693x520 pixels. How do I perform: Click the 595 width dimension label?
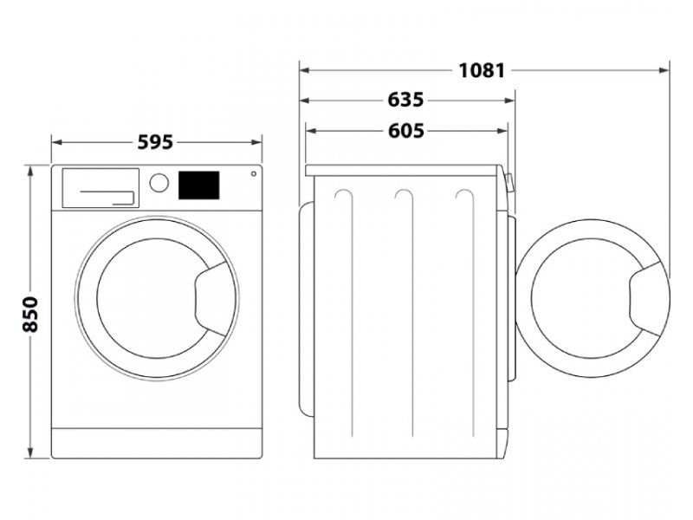[x=155, y=142]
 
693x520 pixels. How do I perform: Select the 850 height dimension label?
[x=30, y=314]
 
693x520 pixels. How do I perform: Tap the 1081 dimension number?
[x=482, y=70]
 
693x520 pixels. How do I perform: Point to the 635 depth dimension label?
[x=405, y=100]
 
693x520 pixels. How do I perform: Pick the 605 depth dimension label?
[x=405, y=131]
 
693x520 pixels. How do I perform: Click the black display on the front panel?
[x=199, y=185]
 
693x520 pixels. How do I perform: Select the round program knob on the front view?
[x=159, y=183]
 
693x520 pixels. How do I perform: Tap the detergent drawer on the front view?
[x=100, y=187]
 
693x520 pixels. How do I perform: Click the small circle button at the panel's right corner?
[x=254, y=174]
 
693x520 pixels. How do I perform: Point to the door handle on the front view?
[x=210, y=298]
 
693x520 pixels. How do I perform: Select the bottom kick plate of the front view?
[x=157, y=443]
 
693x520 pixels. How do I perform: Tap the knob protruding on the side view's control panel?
[x=509, y=183]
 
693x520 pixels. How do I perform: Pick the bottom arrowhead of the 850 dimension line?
[x=30, y=452]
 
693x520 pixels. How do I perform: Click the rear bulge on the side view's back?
[x=307, y=309]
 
